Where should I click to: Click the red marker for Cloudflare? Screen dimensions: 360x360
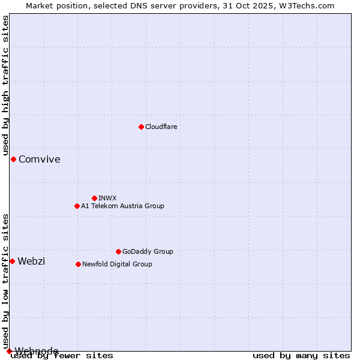(141, 127)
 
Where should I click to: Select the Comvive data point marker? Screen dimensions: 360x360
(13, 159)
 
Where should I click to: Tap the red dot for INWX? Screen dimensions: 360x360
(94, 198)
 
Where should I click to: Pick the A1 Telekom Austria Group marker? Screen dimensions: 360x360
(77, 206)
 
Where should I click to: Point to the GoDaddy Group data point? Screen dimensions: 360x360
(118, 251)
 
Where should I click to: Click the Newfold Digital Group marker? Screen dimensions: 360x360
(78, 264)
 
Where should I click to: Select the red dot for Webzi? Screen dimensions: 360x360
(12, 261)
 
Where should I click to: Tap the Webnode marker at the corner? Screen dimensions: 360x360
(9, 351)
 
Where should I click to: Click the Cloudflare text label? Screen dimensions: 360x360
(161, 127)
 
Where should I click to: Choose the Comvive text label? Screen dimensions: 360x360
(40, 159)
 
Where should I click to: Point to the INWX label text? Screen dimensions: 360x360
(107, 198)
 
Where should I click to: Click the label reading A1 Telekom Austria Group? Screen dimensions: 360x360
(122, 206)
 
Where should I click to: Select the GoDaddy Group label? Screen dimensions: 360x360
(148, 251)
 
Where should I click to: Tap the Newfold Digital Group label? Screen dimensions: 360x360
(117, 264)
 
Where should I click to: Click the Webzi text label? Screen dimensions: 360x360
(31, 261)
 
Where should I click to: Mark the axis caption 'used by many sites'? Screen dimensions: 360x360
(301, 356)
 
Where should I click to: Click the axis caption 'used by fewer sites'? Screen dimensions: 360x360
(62, 356)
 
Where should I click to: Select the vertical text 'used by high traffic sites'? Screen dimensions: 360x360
(5, 85)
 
